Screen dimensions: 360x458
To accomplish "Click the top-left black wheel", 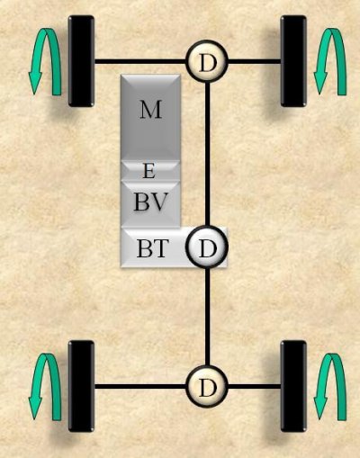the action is pyautogui.click(x=81, y=61).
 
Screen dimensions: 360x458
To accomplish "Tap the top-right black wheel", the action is pyautogui.click(x=293, y=61).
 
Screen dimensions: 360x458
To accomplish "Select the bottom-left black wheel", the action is pyautogui.click(x=81, y=386).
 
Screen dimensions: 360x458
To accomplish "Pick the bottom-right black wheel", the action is pyautogui.click(x=293, y=386).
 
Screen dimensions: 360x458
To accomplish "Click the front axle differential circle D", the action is pyautogui.click(x=207, y=62).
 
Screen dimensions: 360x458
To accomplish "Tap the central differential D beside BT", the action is pyautogui.click(x=207, y=247).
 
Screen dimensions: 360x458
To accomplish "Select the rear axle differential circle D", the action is pyautogui.click(x=207, y=387).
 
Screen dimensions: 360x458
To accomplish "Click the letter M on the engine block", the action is pyautogui.click(x=151, y=110).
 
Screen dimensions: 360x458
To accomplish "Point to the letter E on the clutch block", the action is pyautogui.click(x=149, y=172).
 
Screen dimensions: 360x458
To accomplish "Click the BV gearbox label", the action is pyautogui.click(x=149, y=202).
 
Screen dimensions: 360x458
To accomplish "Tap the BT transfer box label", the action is pyautogui.click(x=151, y=248).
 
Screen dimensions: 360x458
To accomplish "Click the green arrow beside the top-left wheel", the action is pyautogui.click(x=45, y=61).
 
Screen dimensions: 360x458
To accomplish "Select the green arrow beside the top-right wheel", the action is pyautogui.click(x=330, y=61).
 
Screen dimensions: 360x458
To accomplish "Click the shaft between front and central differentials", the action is pyautogui.click(x=207, y=155).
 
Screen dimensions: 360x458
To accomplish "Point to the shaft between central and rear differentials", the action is pyautogui.click(x=207, y=317).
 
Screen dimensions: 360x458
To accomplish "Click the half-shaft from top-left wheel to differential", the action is pyautogui.click(x=140, y=62).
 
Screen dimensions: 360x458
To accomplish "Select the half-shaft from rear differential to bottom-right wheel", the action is pyautogui.click(x=255, y=387).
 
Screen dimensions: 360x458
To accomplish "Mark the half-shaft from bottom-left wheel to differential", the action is pyautogui.click(x=140, y=387).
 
